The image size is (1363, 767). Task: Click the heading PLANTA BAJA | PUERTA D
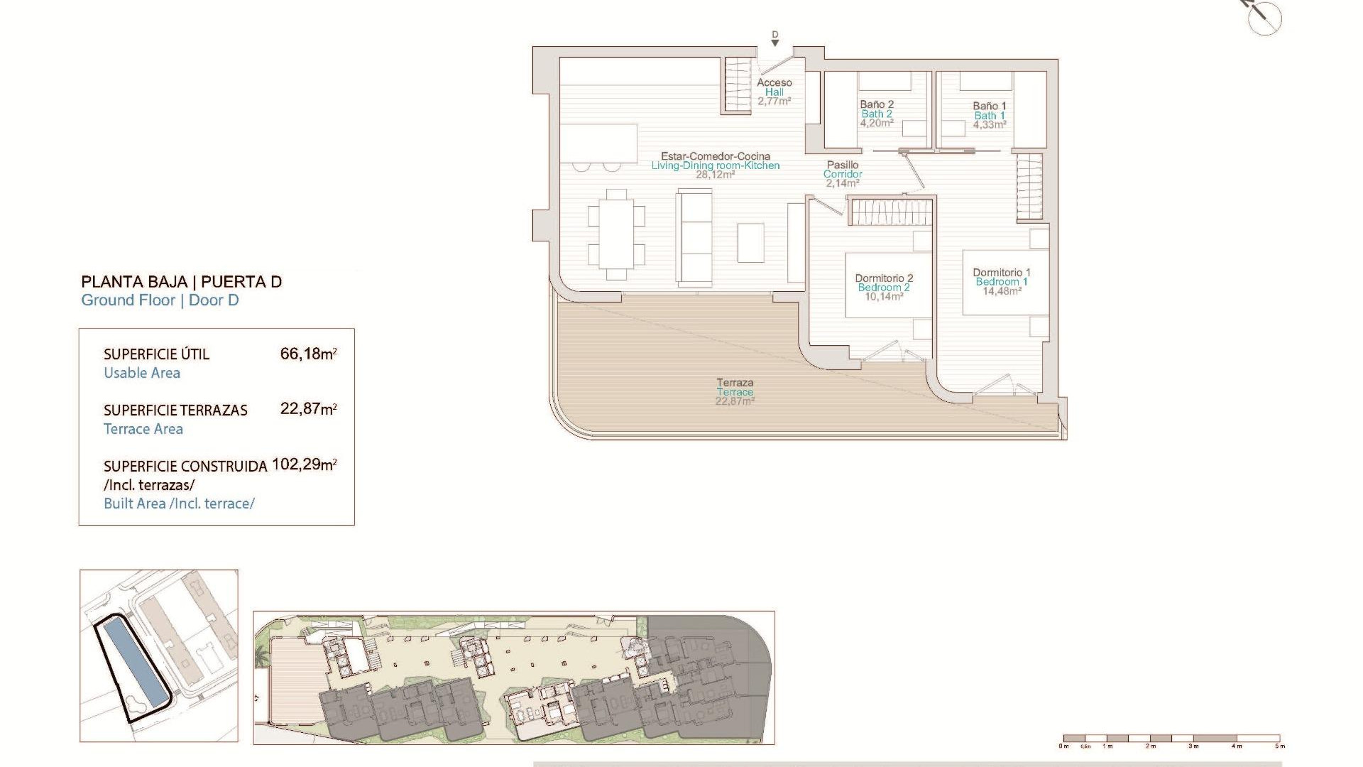click(181, 282)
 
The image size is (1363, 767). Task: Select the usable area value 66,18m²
click(308, 354)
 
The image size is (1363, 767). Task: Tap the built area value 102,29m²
click(304, 465)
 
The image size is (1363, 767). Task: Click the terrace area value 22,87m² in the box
click(308, 409)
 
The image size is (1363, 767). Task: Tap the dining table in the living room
click(616, 234)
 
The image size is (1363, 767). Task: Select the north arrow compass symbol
click(1266, 16)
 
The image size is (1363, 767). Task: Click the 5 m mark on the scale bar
click(1279, 746)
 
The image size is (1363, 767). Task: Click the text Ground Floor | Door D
click(160, 300)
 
